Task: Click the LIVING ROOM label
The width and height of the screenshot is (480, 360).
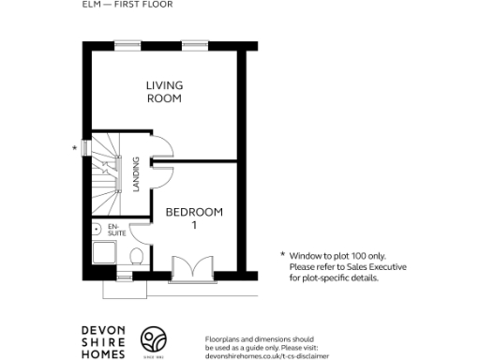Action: (163, 92)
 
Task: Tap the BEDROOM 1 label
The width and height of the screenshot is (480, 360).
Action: (194, 217)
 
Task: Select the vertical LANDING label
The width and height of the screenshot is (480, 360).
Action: (137, 174)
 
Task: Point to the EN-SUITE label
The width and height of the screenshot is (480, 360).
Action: (116, 230)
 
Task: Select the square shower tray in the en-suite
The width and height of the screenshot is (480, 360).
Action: (105, 256)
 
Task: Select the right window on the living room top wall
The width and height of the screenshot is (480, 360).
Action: (194, 44)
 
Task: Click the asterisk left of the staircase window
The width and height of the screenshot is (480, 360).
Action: (74, 148)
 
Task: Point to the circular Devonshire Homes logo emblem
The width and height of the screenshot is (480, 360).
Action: (155, 339)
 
